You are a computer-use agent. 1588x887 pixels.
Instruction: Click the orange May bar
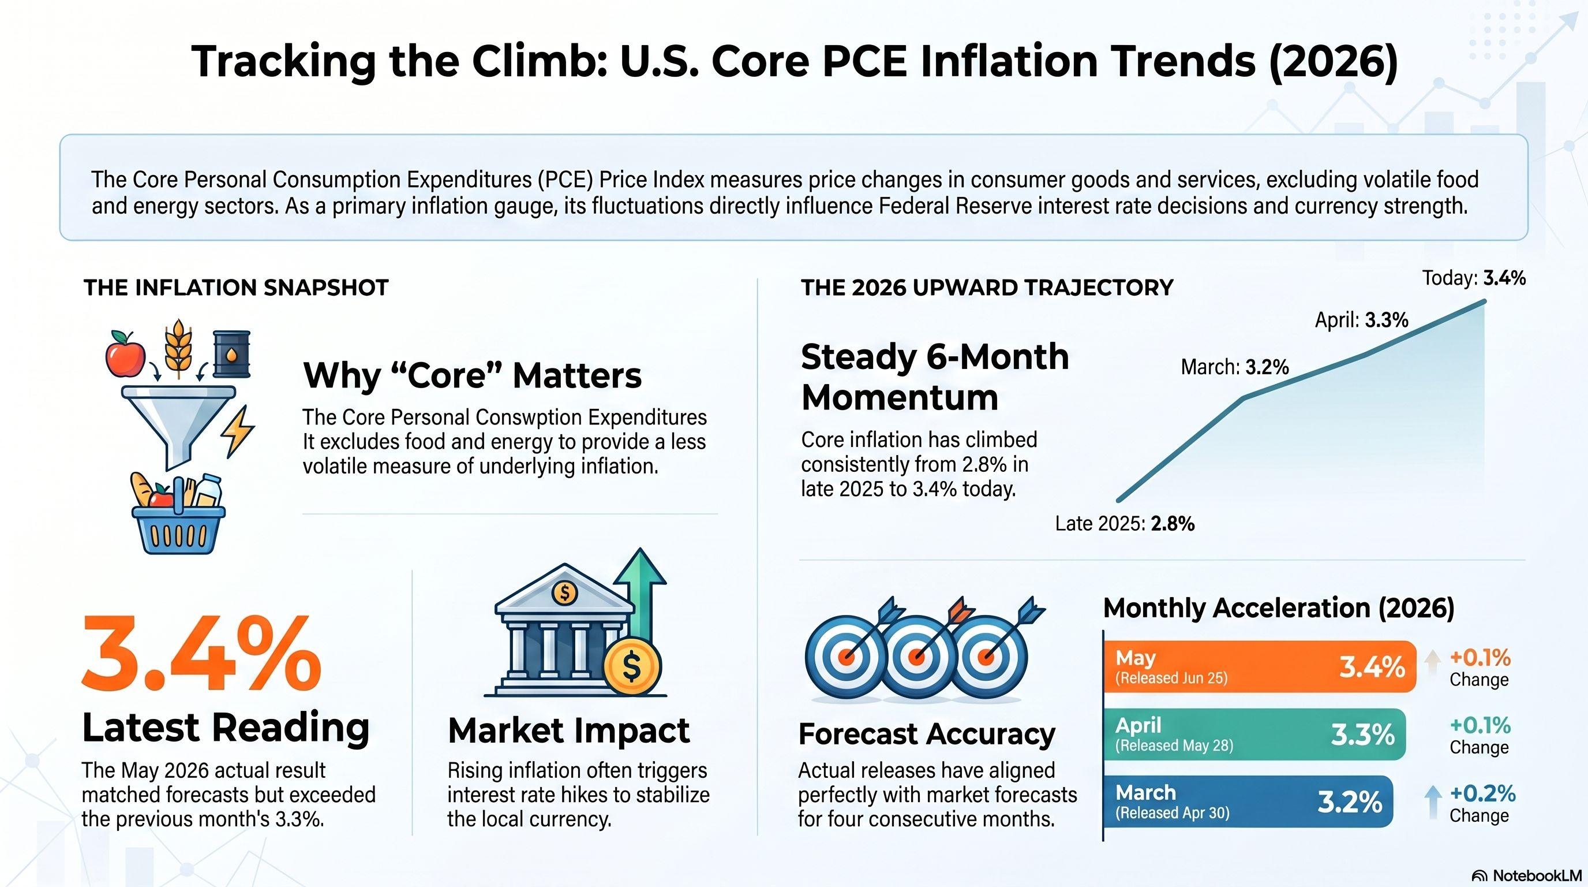(1260, 666)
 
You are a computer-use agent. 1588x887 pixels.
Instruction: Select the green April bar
(1255, 734)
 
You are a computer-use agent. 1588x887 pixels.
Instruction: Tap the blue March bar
(1248, 802)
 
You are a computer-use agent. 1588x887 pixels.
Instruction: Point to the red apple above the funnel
(125, 354)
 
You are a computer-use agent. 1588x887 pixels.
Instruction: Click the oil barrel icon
(232, 353)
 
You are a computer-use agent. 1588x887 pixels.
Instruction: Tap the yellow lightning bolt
(238, 431)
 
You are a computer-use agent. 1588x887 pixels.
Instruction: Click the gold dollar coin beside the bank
(632, 666)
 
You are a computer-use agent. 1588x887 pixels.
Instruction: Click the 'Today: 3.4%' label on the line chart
(1474, 278)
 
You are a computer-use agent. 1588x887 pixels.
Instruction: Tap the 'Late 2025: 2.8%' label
(1125, 524)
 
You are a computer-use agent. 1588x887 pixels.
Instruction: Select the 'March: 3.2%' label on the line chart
(1235, 367)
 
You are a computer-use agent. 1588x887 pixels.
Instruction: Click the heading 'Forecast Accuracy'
(927, 734)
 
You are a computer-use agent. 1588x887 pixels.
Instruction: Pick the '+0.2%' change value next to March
(1482, 793)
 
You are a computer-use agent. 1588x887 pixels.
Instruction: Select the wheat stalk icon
(179, 349)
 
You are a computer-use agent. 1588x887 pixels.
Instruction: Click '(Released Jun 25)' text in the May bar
(1171, 678)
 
